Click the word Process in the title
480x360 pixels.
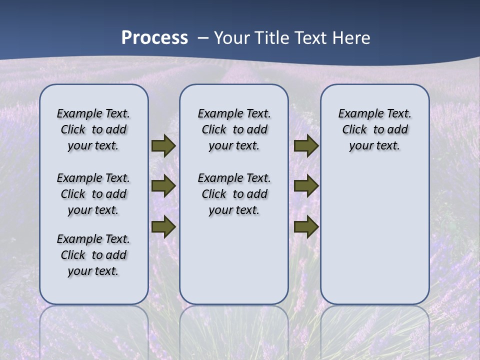pyautogui.click(x=154, y=38)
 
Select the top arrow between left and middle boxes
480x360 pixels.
pyautogui.click(x=163, y=146)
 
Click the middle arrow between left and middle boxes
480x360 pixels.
pyautogui.click(x=163, y=186)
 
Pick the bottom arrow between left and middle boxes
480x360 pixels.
pyautogui.click(x=163, y=227)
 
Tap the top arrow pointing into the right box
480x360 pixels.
pyautogui.click(x=306, y=146)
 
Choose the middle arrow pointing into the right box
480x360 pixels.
pyautogui.click(x=306, y=186)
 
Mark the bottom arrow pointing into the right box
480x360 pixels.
pyautogui.click(x=306, y=227)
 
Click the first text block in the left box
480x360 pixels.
pyautogui.click(x=93, y=129)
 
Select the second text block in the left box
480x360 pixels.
pyautogui.click(x=93, y=194)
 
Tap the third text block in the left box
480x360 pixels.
pyautogui.click(x=93, y=255)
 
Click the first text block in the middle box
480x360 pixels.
pyautogui.click(x=234, y=129)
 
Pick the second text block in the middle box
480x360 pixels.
pyautogui.click(x=234, y=194)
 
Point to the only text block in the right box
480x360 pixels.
pyautogui.click(x=374, y=129)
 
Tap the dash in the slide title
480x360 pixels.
pyautogui.click(x=203, y=38)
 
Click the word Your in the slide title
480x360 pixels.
pyautogui.click(x=233, y=38)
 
